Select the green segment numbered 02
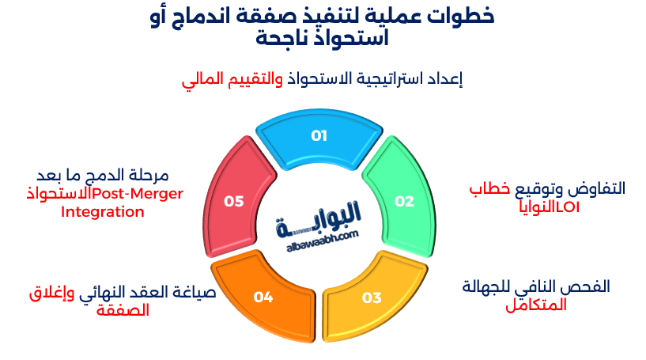tap(404, 201)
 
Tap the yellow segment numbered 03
tap(372, 297)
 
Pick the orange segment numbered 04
tap(263, 297)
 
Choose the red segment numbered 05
tap(233, 201)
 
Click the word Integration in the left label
tap(103, 212)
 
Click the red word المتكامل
tap(537, 304)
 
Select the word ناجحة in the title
tap(286, 36)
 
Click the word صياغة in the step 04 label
tap(194, 294)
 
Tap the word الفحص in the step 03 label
tap(588, 286)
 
